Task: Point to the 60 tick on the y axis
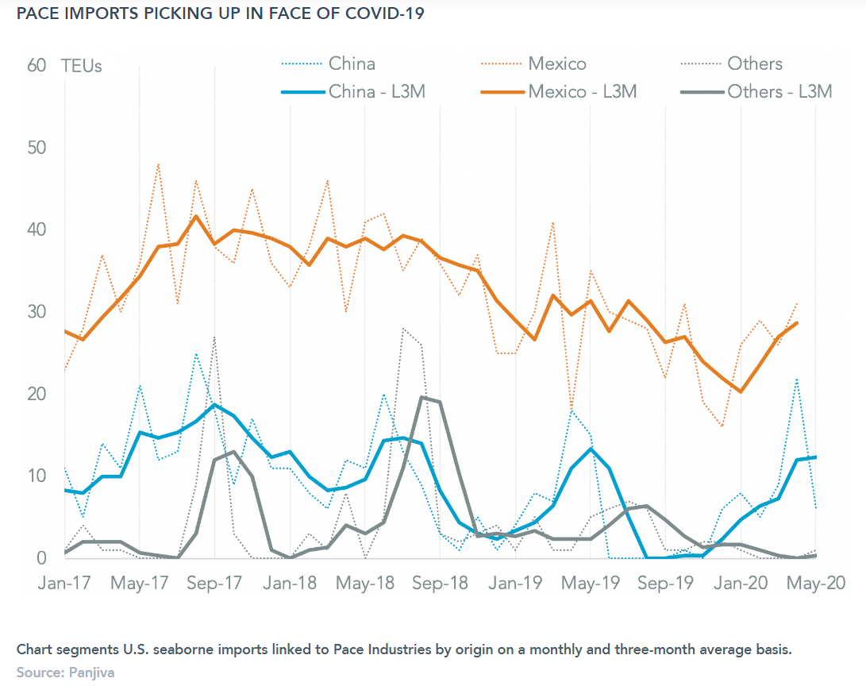click(37, 65)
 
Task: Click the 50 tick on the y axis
click(37, 148)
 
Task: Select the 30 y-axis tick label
click(37, 311)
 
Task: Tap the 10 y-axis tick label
click(37, 476)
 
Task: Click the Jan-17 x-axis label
click(65, 582)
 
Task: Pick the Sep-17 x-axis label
click(215, 582)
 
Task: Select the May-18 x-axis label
click(365, 582)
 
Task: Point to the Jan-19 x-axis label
click(515, 582)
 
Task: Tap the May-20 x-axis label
click(814, 582)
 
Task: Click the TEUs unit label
click(82, 65)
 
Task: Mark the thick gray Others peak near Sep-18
click(422, 398)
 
